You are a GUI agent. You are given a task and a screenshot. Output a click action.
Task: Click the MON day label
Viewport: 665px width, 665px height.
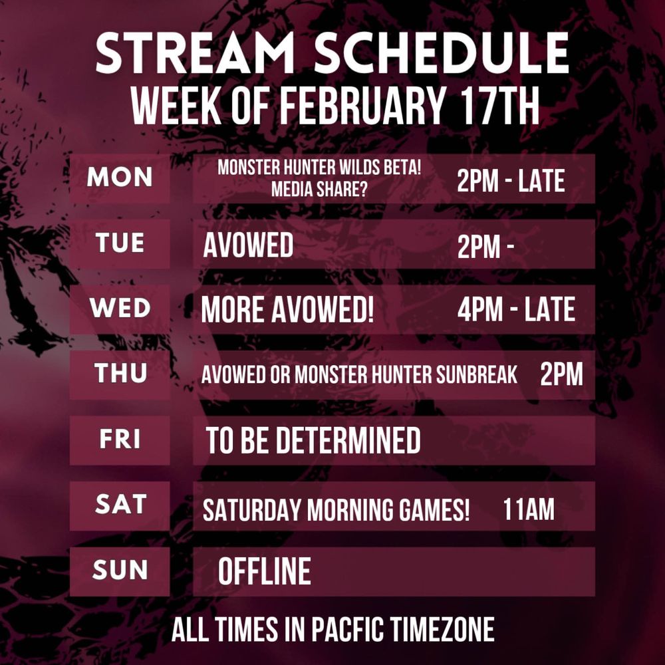click(120, 177)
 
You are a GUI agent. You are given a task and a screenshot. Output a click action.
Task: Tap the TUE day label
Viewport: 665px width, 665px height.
click(120, 243)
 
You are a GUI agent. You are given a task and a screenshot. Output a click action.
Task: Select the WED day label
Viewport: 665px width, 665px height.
click(120, 308)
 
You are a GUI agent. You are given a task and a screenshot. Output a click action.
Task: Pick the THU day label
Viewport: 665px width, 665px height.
click(120, 373)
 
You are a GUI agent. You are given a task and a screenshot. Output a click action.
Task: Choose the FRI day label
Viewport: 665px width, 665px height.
click(120, 439)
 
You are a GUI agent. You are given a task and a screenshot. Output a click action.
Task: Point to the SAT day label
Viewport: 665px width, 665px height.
click(121, 504)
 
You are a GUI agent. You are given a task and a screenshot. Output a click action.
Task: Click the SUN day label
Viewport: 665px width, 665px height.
click(120, 570)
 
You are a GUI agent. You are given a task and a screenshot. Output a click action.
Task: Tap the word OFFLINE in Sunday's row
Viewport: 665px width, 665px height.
click(264, 571)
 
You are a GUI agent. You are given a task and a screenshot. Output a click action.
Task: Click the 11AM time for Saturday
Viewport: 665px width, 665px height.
click(529, 509)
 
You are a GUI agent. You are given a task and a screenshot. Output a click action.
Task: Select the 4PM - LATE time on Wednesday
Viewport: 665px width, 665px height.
click(516, 310)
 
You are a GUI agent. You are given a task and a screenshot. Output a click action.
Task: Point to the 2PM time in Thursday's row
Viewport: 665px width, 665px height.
click(561, 374)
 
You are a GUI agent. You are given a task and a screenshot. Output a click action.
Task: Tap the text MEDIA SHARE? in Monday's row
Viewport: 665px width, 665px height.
click(319, 189)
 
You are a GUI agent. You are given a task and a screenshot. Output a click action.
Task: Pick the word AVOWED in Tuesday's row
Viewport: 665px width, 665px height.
click(248, 245)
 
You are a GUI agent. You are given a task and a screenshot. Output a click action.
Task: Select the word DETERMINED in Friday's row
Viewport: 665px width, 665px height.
click(348, 440)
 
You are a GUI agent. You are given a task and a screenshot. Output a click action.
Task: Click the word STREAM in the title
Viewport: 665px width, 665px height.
click(196, 53)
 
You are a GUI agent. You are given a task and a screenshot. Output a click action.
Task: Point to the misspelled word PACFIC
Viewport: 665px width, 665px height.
click(348, 629)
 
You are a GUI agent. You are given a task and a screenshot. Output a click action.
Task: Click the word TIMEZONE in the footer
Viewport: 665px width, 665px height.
click(442, 629)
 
